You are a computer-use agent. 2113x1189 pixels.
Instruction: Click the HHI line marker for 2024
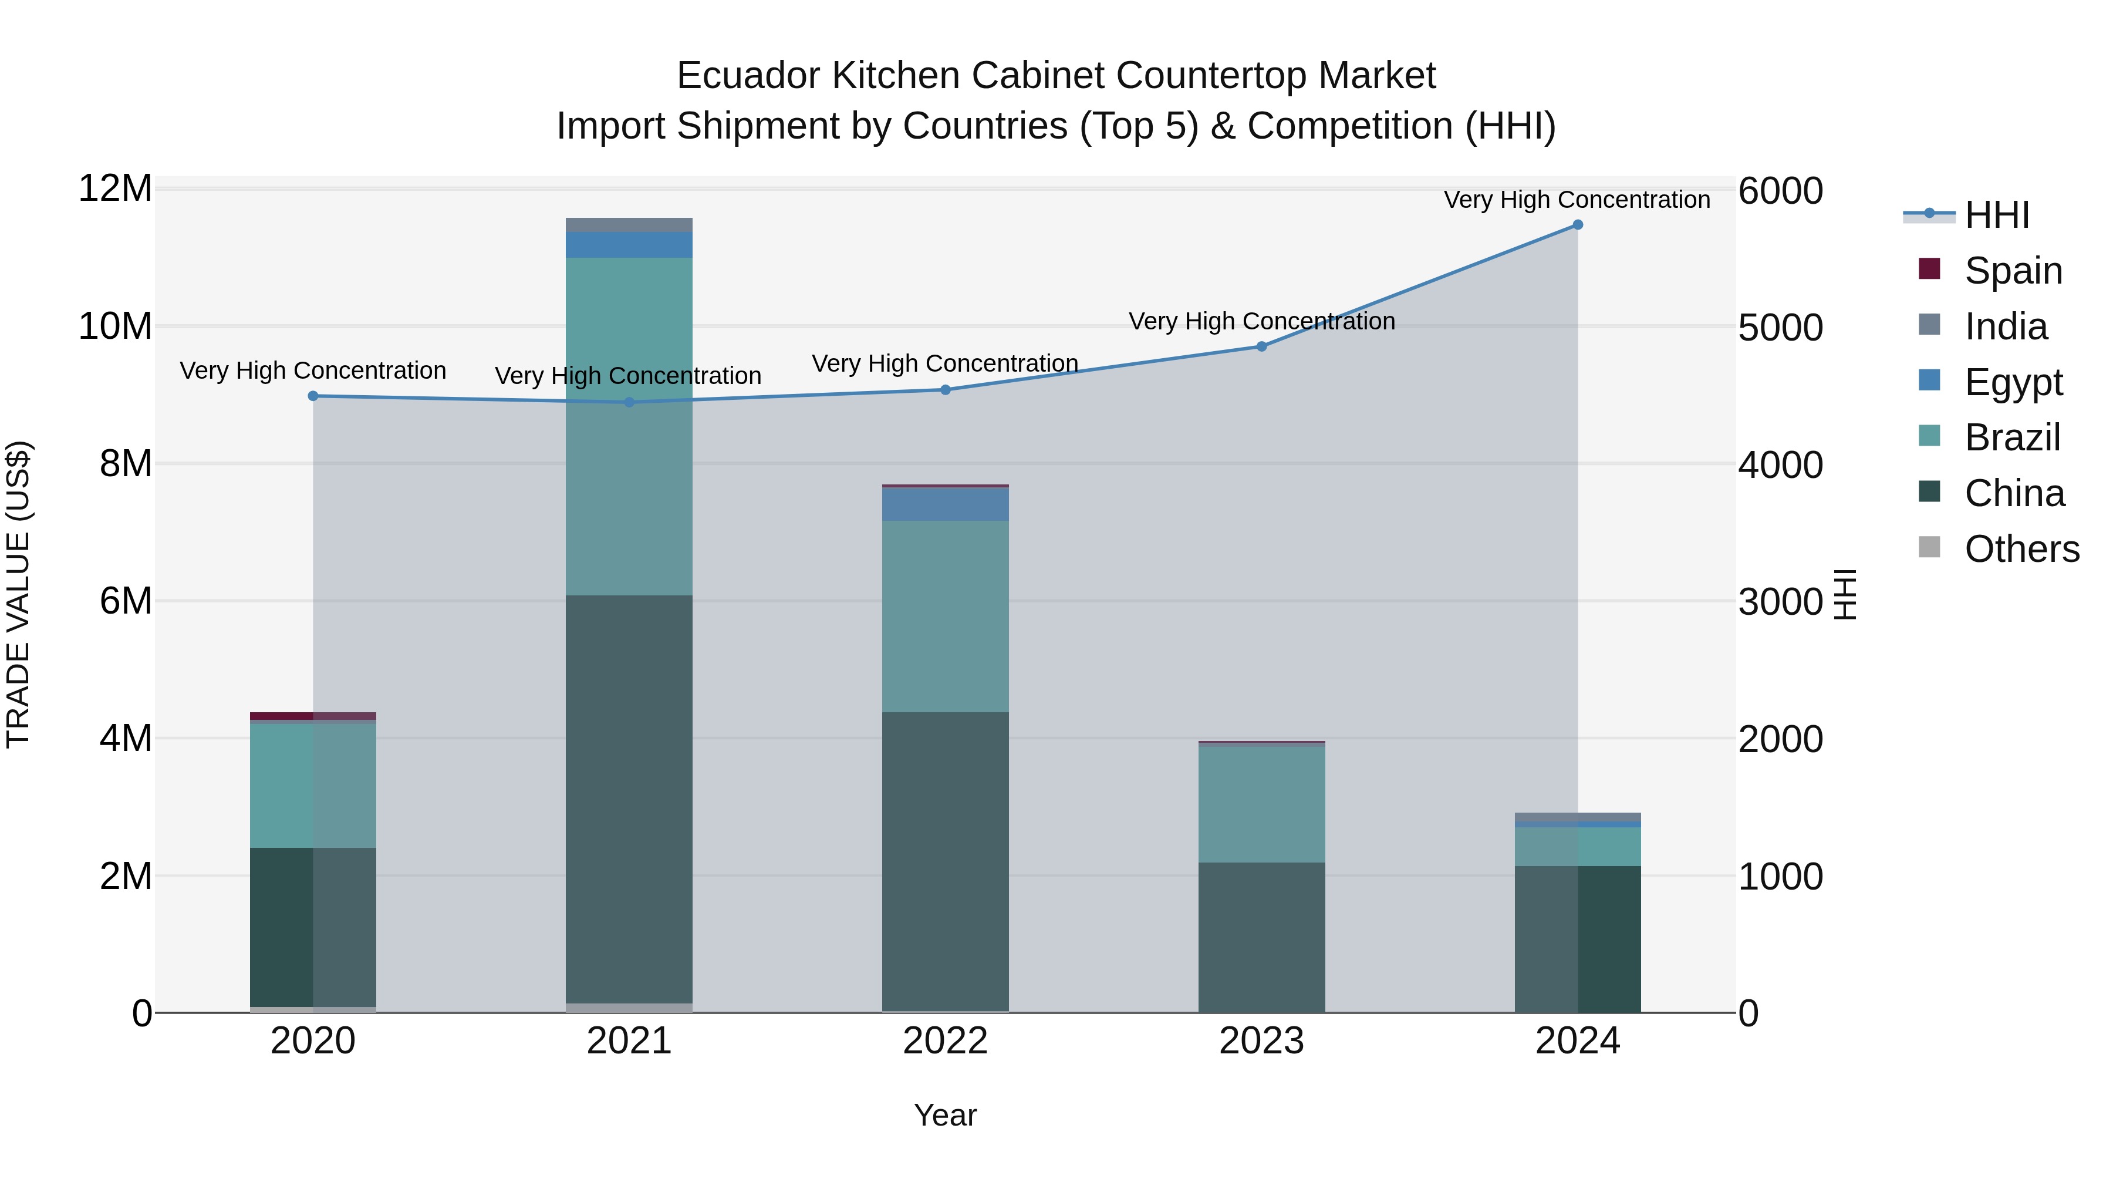pyautogui.click(x=1577, y=225)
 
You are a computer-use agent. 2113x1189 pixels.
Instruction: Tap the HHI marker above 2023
pyautogui.click(x=1261, y=346)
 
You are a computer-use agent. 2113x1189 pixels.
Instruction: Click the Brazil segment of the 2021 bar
pyautogui.click(x=629, y=427)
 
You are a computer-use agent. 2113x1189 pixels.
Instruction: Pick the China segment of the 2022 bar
pyautogui.click(x=945, y=861)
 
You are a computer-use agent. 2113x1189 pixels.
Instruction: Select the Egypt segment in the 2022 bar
pyautogui.click(x=945, y=504)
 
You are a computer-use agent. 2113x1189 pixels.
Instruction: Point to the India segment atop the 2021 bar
pyautogui.click(x=629, y=225)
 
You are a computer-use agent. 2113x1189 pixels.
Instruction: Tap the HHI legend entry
pyautogui.click(x=1997, y=215)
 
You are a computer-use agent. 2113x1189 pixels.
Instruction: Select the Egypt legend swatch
pyautogui.click(x=1930, y=380)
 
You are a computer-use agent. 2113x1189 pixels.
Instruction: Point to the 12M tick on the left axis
pyautogui.click(x=115, y=188)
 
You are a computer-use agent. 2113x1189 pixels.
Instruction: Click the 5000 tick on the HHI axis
pyautogui.click(x=1781, y=328)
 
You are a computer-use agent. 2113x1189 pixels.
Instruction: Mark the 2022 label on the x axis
pyautogui.click(x=945, y=1041)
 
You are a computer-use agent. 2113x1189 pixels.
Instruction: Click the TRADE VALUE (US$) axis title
pyautogui.click(x=18, y=594)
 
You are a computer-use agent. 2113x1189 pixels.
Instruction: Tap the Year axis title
pyautogui.click(x=945, y=1115)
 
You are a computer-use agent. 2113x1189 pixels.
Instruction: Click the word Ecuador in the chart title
pyautogui.click(x=748, y=76)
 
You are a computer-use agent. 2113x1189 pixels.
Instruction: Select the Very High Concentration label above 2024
pyautogui.click(x=1577, y=200)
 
